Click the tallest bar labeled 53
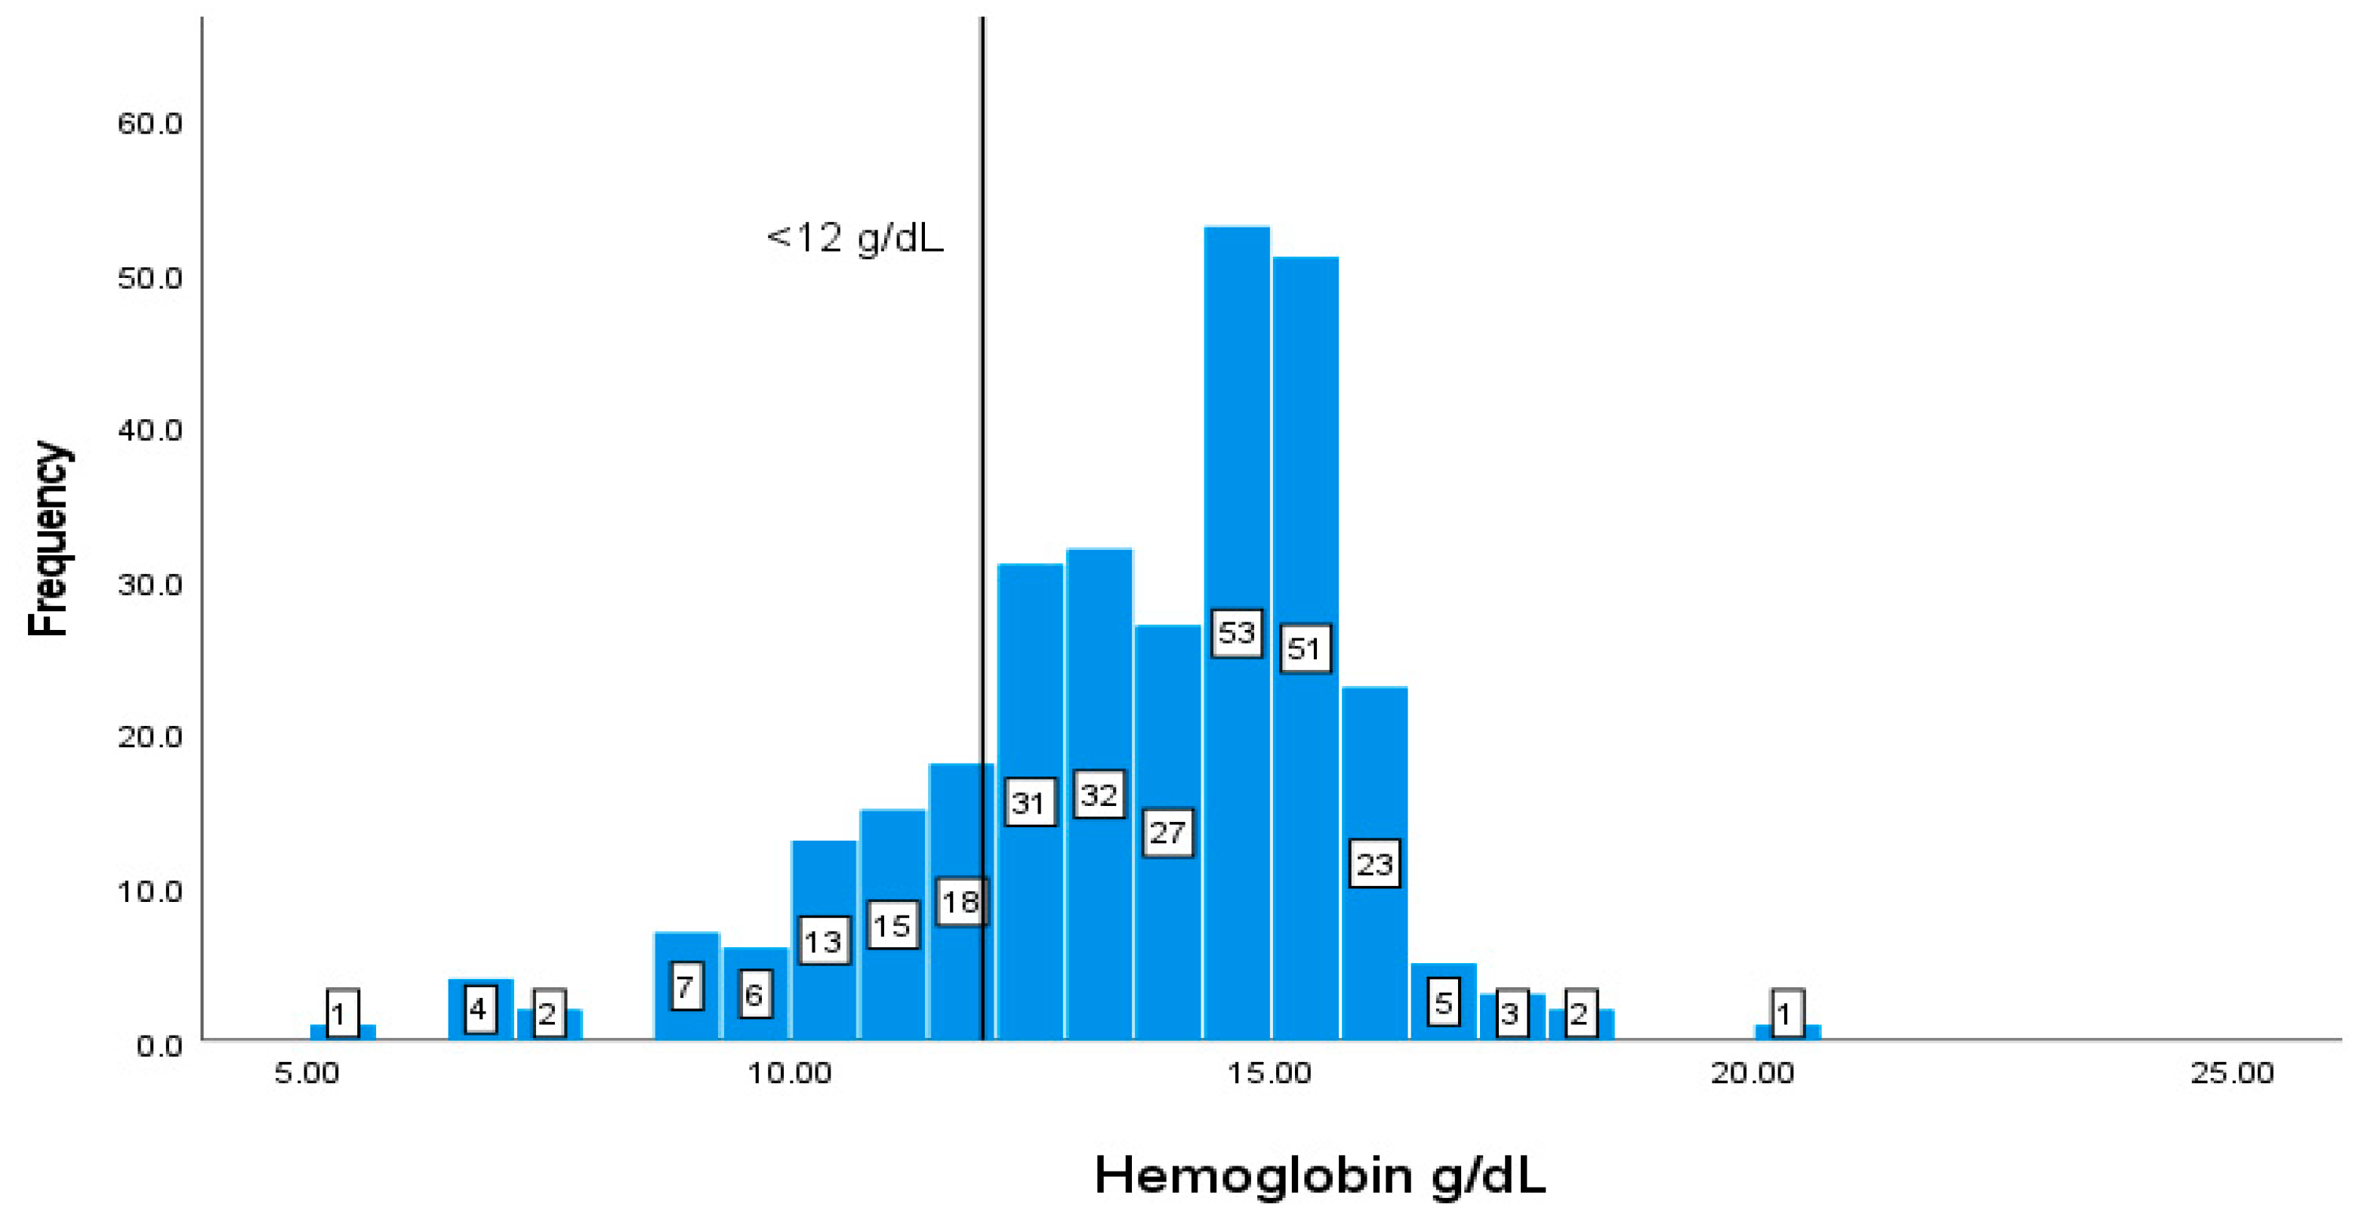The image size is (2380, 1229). (1236, 415)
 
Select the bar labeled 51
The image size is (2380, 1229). (1305, 443)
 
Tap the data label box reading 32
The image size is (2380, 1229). (1099, 794)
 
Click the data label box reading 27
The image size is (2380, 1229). (1167, 832)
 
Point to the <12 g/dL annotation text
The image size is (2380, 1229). (855, 239)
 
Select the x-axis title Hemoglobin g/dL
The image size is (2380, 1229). (1319, 1176)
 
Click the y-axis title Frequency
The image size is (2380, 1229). (48, 538)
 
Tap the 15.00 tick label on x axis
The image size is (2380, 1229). (1269, 1073)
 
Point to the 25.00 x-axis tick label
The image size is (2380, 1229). (2231, 1073)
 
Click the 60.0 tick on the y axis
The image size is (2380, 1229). (150, 123)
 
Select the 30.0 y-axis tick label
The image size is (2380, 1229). (150, 584)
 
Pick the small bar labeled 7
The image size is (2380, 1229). (686, 961)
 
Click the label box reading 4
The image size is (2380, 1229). (479, 1008)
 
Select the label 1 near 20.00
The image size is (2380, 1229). (1786, 1014)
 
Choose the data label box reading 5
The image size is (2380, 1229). (1443, 1002)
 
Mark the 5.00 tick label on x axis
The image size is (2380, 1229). (307, 1073)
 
